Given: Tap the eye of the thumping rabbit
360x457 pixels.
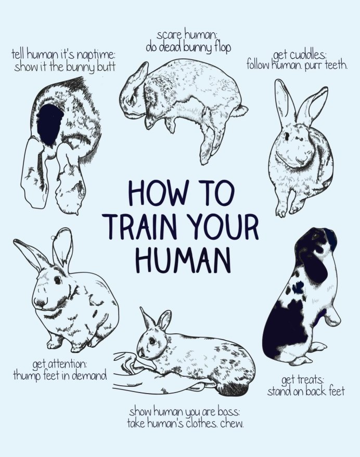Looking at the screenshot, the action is pyautogui.click(x=57, y=280).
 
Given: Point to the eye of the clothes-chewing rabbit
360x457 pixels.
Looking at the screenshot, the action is pyautogui.click(x=152, y=341).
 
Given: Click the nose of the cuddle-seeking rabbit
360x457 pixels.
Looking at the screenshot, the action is pyautogui.click(x=302, y=160).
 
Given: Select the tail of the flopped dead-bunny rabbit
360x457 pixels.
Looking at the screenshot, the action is pyautogui.click(x=241, y=110).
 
